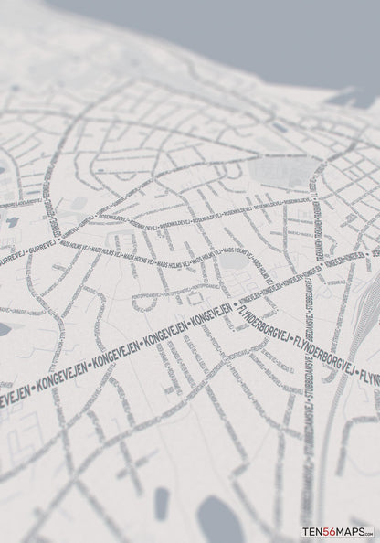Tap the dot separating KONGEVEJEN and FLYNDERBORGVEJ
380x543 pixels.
click(x=235, y=303)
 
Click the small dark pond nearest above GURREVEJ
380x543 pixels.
click(x=12, y=222)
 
